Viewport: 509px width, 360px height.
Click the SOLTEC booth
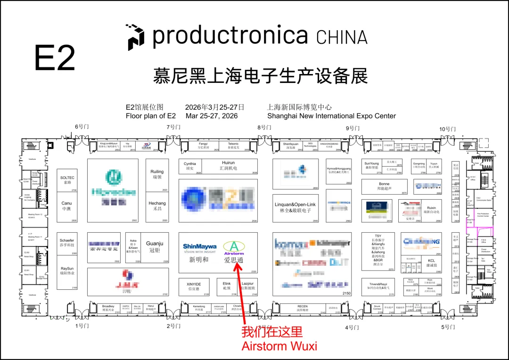pos(67,180)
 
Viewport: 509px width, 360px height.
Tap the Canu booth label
pos(67,206)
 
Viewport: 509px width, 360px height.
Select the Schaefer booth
pos(67,243)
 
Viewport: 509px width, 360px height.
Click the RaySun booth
pos(67,271)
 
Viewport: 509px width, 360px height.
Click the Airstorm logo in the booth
pos(234,248)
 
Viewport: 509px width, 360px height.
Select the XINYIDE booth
pos(194,286)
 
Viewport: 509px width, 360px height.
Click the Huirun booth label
pos(228,165)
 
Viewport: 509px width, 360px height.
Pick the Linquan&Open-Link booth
pos(295,208)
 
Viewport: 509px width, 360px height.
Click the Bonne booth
pos(384,187)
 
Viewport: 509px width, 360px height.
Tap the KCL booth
pos(431,262)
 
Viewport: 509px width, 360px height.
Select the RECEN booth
pos(302,309)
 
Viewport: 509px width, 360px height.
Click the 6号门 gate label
pos(82,127)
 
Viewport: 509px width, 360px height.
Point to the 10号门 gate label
pos(447,129)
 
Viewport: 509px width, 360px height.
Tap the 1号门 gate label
pos(82,326)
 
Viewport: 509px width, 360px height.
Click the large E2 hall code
pos(55,58)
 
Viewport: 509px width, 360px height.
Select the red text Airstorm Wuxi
pos(279,346)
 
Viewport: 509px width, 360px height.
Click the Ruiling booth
pos(157,174)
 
